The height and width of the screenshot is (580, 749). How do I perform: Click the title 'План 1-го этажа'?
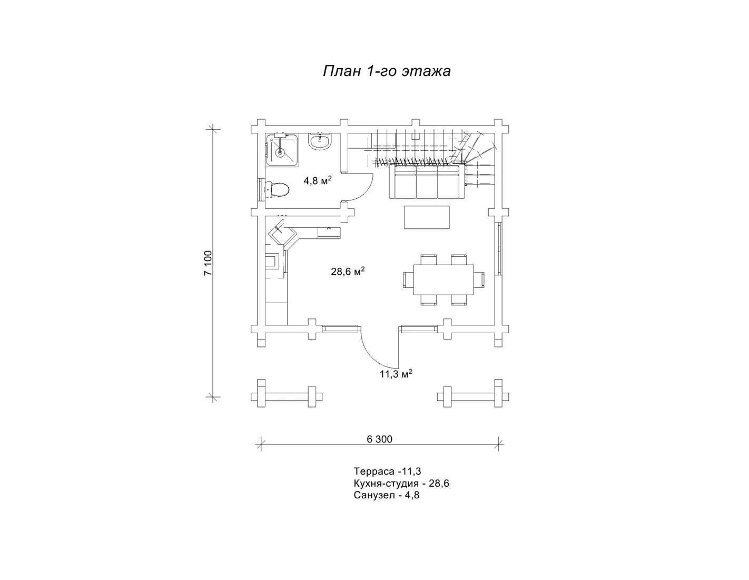click(387, 71)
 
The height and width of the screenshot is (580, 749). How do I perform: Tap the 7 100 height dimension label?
click(209, 263)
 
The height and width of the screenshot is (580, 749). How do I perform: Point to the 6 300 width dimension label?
click(379, 439)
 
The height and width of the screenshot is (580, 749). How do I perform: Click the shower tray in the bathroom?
click(282, 150)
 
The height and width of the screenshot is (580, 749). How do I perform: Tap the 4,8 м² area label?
click(318, 180)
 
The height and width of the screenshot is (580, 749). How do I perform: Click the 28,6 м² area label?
click(348, 271)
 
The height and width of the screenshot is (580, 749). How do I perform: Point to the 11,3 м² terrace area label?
click(396, 374)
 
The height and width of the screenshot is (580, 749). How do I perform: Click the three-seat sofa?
click(427, 181)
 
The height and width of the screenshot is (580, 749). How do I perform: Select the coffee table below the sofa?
click(427, 217)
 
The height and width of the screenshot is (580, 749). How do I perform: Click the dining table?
click(444, 279)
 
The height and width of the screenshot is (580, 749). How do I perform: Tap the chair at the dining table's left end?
click(408, 279)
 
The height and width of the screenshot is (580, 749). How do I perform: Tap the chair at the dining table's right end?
click(479, 279)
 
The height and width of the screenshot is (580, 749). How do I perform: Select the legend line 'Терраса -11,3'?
click(387, 471)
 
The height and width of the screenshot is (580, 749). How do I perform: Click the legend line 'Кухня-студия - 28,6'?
click(401, 483)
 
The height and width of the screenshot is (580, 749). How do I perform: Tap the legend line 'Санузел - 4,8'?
click(387, 495)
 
